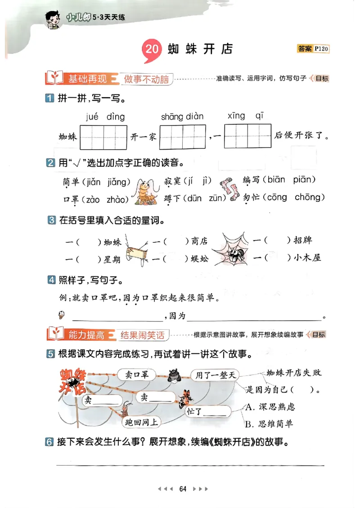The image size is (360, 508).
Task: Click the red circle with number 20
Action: (x=152, y=49)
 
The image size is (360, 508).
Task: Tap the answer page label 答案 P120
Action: (x=313, y=49)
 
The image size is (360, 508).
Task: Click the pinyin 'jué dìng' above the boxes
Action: (x=105, y=117)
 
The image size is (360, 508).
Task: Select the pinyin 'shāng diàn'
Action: (x=182, y=117)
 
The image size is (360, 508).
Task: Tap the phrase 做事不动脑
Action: (x=146, y=79)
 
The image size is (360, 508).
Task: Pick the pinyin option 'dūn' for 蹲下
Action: (x=194, y=198)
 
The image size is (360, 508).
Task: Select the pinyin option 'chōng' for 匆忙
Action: (x=310, y=197)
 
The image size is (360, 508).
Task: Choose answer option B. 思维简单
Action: (x=269, y=423)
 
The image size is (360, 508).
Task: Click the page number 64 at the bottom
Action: (x=183, y=489)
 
